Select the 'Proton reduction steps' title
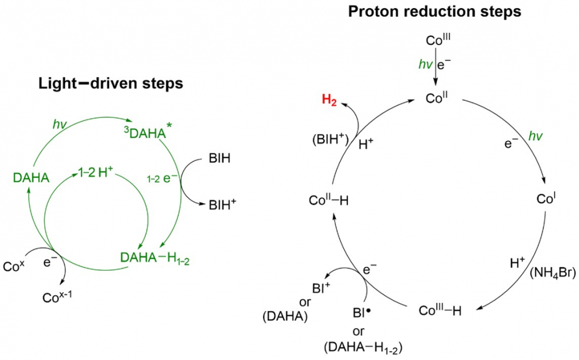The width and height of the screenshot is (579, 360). click(435, 11)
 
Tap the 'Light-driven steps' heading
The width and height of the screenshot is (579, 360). click(111, 83)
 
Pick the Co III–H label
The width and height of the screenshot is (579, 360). click(441, 310)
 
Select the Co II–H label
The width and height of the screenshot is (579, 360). click(329, 200)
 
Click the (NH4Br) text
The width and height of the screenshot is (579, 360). click(552, 273)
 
